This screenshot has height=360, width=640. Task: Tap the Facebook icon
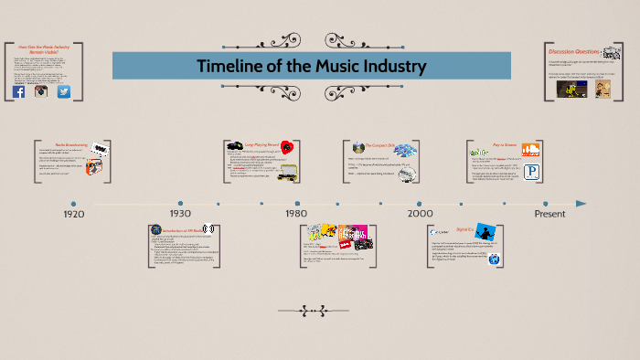19,92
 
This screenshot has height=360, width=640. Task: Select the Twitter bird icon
64,92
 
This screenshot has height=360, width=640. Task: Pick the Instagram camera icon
41,92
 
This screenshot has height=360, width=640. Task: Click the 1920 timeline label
74,214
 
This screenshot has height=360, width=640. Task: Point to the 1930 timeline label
180,214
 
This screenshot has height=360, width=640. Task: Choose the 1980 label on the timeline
296,214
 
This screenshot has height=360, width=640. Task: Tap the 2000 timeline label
421,214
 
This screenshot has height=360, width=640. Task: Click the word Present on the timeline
549,214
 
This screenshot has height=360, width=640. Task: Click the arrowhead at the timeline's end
581,204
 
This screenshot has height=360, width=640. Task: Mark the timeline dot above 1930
180,203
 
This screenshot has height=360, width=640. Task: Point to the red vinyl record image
286,147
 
